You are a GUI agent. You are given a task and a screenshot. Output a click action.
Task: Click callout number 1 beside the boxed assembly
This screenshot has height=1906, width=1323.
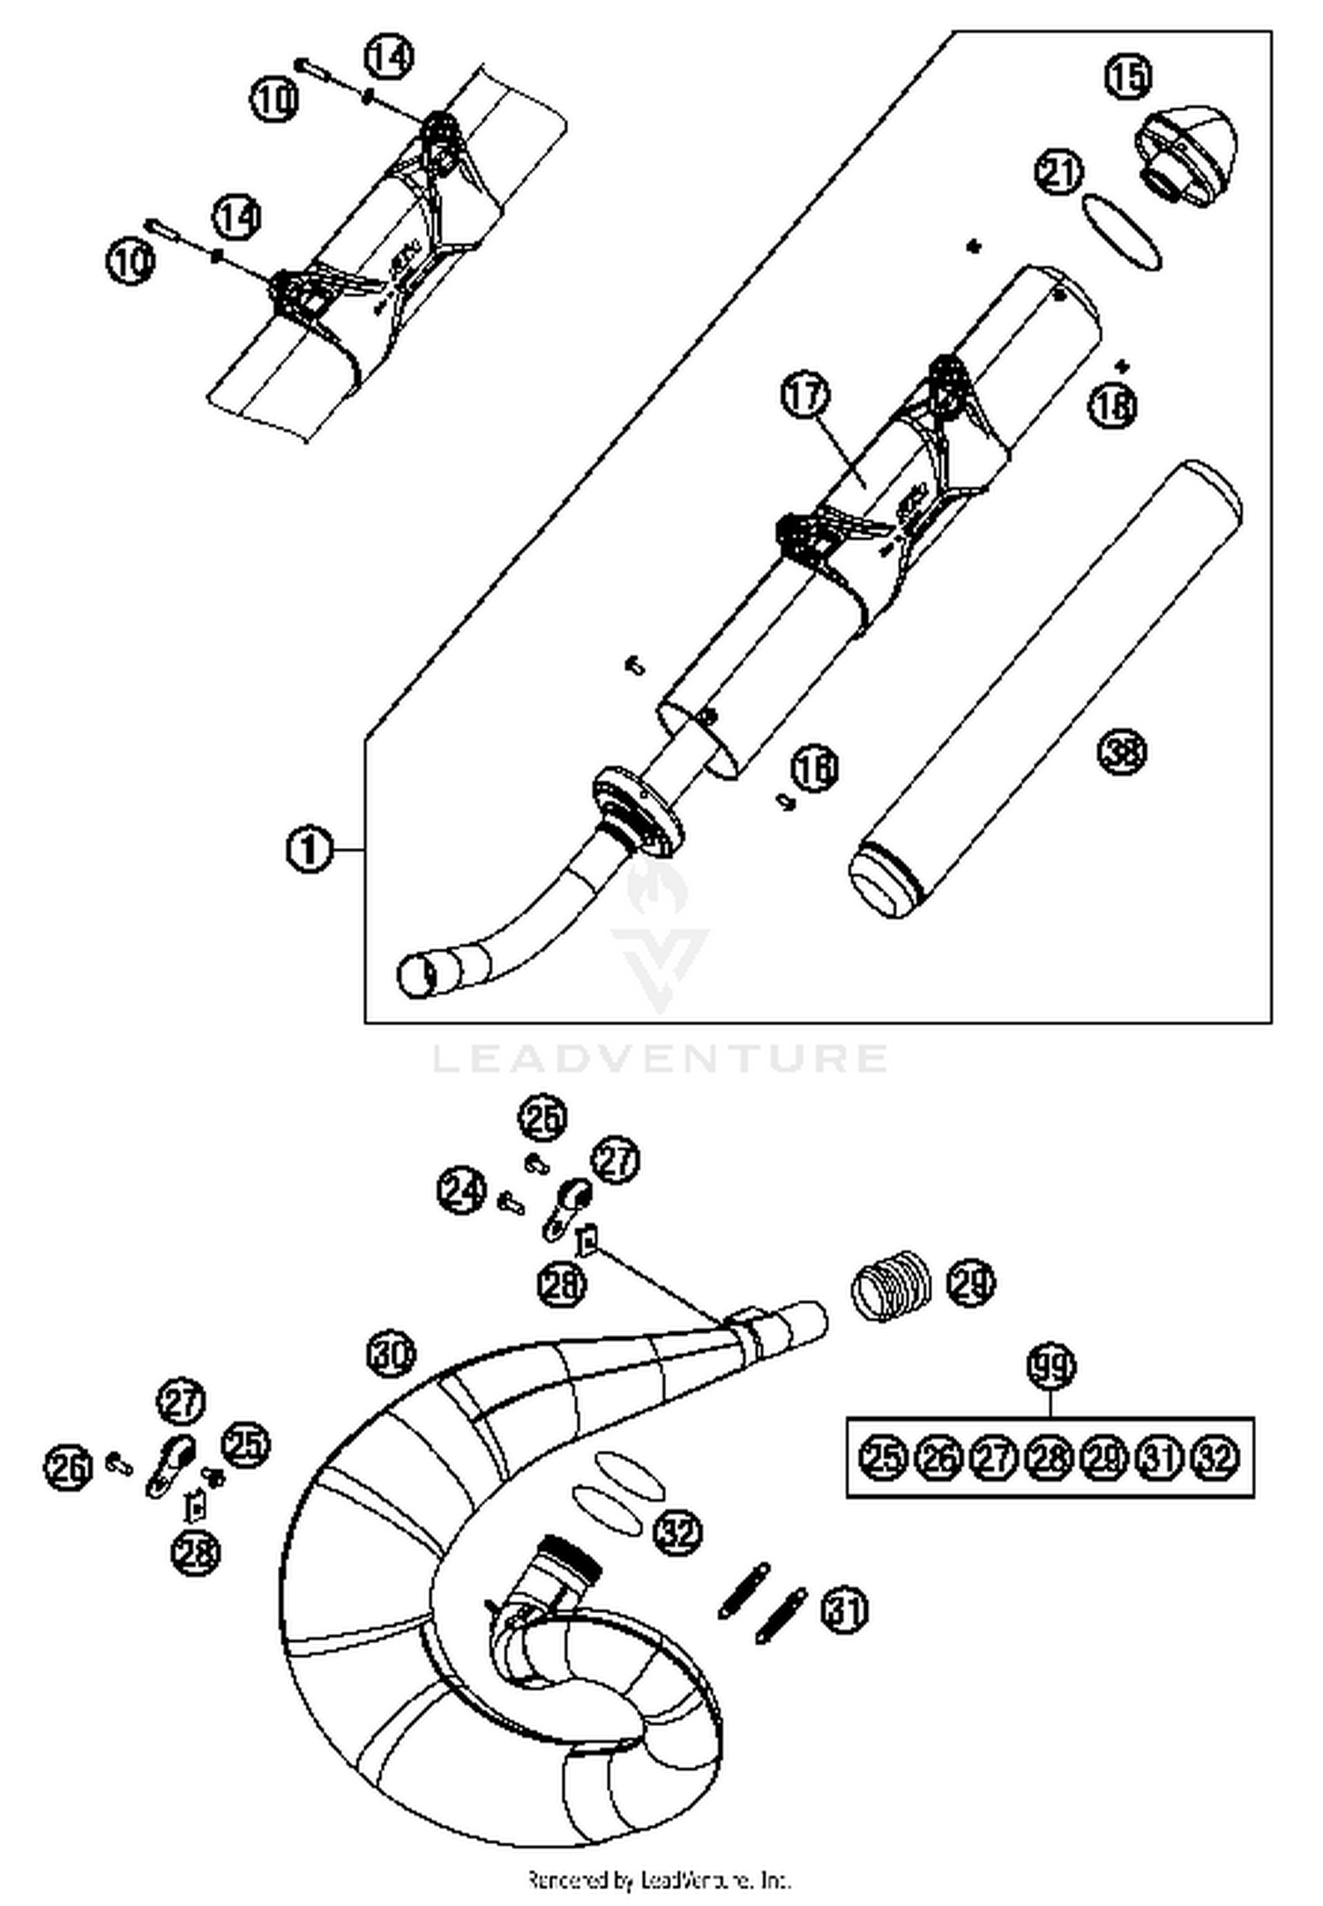tap(309, 851)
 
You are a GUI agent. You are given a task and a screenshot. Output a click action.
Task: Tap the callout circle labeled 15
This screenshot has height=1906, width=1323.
tap(1128, 76)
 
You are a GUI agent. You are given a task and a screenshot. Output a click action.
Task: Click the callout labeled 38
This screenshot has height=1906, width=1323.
tap(1122, 753)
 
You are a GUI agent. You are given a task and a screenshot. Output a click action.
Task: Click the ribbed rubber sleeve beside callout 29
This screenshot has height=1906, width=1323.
tap(892, 1287)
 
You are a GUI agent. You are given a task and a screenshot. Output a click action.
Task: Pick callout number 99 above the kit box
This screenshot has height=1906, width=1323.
tap(1051, 1368)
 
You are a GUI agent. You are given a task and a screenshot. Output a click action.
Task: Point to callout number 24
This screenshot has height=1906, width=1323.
tap(461, 1190)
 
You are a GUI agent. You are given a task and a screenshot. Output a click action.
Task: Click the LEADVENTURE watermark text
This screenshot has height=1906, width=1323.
tap(660, 1057)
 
